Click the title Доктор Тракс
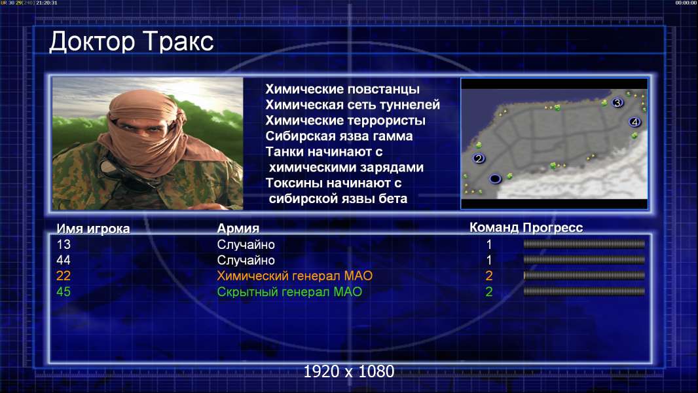pyautogui.click(x=132, y=42)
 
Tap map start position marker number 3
pyautogui.click(x=617, y=103)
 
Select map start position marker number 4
pyautogui.click(x=634, y=122)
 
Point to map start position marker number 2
pyautogui.click(x=479, y=158)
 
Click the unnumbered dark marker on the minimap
pyautogui.click(x=495, y=179)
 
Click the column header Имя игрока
pyautogui.click(x=93, y=229)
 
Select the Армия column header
pyautogui.click(x=238, y=229)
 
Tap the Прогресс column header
pyautogui.click(x=553, y=227)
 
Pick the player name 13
pyautogui.click(x=64, y=244)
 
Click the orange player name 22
pyautogui.click(x=64, y=276)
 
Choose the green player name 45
pyautogui.click(x=64, y=291)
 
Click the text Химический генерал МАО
pyautogui.click(x=295, y=276)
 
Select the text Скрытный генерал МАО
pyautogui.click(x=289, y=292)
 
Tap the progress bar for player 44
pyautogui.click(x=584, y=259)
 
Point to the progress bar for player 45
pyautogui.click(x=584, y=291)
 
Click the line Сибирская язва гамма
pyautogui.click(x=339, y=136)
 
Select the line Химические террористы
pyautogui.click(x=346, y=121)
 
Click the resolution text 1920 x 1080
pyautogui.click(x=349, y=371)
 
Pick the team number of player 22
pyautogui.click(x=488, y=276)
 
